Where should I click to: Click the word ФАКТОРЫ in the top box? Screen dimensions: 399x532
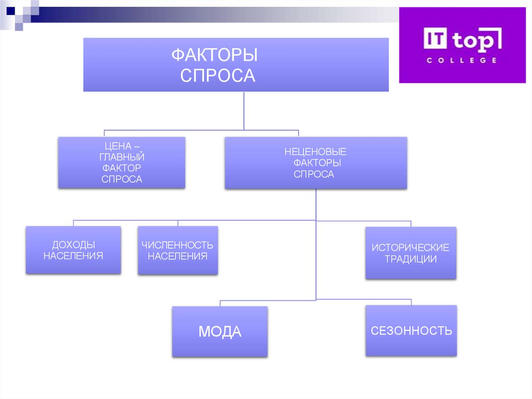point(215,55)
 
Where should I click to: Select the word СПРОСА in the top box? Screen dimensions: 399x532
point(218,75)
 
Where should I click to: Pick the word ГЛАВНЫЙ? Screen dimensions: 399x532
point(122,157)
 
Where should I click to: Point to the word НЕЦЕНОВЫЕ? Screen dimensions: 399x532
point(315,152)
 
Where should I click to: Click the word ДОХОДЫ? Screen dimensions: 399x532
point(73,245)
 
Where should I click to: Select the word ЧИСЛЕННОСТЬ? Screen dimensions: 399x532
point(178,245)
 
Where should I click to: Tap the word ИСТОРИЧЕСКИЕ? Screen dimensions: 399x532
point(410,248)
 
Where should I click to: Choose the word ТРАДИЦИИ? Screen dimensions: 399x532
point(410,259)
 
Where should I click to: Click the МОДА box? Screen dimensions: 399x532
point(220,331)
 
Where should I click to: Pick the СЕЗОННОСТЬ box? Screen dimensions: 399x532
point(411,331)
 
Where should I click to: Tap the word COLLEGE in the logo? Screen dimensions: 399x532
point(462,60)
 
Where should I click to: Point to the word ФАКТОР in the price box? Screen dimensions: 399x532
point(122,168)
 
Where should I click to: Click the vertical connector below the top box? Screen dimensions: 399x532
point(244,110)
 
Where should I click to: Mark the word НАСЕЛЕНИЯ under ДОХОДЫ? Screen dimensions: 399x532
point(73,256)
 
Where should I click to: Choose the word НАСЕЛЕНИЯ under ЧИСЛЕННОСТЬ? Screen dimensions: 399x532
point(178,256)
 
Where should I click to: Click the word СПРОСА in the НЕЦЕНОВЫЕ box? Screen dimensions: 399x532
point(314,174)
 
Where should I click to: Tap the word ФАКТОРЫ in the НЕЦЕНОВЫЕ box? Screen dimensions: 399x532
point(315,163)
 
